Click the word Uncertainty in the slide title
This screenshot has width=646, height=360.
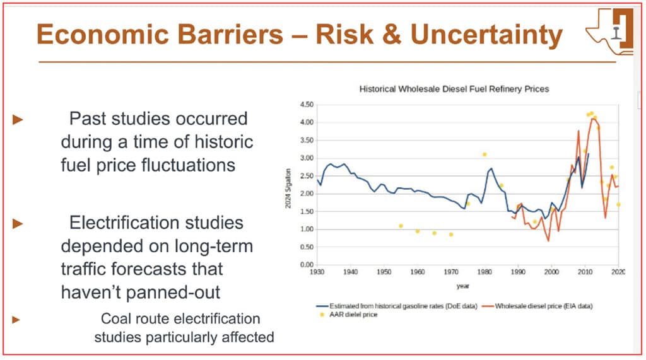point(486,35)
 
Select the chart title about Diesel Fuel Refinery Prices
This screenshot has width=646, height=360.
point(454,89)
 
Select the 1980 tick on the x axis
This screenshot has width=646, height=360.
point(484,272)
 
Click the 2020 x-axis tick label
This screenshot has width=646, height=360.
point(618,272)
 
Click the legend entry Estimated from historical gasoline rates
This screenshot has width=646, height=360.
point(393,306)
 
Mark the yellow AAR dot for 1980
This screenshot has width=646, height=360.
point(484,154)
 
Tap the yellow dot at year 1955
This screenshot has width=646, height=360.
point(401,226)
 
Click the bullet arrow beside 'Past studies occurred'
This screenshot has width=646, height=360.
point(18,119)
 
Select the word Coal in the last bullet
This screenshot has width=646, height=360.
point(115,319)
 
